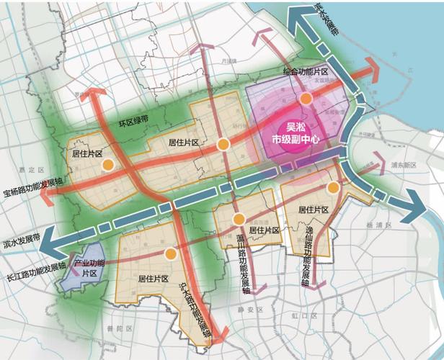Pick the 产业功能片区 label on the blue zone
tap(89, 269)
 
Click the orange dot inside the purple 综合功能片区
tap(306, 98)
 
